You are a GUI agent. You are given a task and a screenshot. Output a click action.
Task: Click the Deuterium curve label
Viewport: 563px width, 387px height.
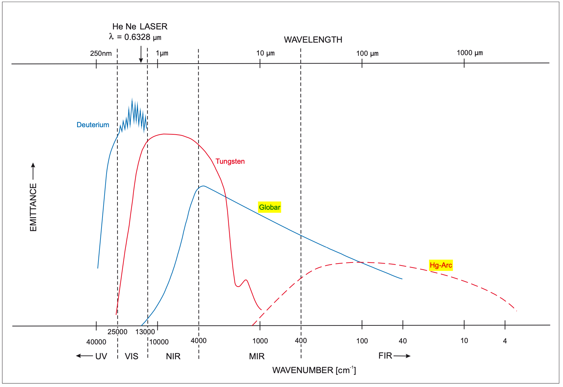[x=93, y=125]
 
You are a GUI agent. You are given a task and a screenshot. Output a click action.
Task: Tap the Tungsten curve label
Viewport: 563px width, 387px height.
[x=230, y=161]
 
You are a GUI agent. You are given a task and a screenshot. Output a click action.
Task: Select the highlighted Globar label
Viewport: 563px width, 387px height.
[x=269, y=207]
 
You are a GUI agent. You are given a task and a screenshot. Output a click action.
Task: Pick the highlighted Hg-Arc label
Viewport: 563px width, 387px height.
[x=441, y=265]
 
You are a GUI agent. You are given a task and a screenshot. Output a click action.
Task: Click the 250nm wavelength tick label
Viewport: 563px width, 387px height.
[x=100, y=53]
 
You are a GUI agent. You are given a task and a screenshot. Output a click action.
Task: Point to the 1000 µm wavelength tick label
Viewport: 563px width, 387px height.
[x=470, y=53]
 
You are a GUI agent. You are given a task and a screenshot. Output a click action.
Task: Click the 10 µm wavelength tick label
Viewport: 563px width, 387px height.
[x=265, y=53]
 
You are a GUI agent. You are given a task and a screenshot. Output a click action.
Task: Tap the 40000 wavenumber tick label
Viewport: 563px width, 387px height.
[x=96, y=342]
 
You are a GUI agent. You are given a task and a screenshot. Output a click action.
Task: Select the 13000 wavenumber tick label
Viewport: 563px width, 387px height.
[x=145, y=332]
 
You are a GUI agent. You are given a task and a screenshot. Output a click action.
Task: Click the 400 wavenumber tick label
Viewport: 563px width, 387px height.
[x=300, y=341]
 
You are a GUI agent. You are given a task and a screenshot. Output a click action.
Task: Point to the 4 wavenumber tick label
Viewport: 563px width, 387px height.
[x=504, y=341]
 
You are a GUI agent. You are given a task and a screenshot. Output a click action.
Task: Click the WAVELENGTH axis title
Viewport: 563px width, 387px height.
[x=313, y=40]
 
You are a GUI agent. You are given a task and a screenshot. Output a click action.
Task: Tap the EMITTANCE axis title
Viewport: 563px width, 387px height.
[x=33, y=207]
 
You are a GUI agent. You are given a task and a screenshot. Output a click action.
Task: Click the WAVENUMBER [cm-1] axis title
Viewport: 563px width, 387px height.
[x=314, y=370]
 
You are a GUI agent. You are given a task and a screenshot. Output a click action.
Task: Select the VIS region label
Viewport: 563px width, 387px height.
[x=131, y=356]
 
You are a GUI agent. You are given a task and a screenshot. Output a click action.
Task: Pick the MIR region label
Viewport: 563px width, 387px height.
[x=256, y=356]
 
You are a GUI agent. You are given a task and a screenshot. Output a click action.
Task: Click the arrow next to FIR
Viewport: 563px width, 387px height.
[x=402, y=356]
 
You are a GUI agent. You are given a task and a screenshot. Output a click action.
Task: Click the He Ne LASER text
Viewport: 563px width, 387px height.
[x=140, y=26]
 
